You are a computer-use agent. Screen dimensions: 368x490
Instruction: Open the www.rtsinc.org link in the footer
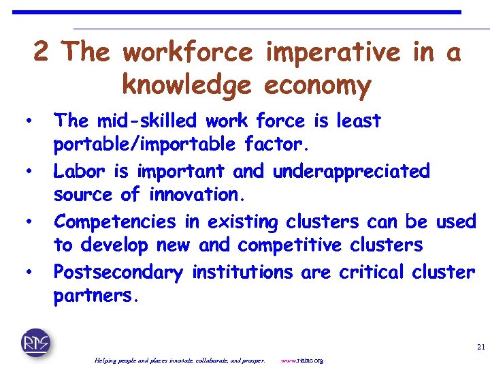tap(301, 360)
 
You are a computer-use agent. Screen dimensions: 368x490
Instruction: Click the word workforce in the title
tap(188, 52)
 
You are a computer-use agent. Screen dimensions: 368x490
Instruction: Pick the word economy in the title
tap(317, 86)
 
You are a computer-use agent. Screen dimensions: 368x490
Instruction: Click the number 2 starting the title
tap(41, 52)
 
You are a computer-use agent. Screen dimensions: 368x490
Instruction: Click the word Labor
tap(77, 170)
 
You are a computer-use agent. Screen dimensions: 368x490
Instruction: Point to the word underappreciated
tap(351, 170)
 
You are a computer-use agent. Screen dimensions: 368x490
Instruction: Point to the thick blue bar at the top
tap(237, 12)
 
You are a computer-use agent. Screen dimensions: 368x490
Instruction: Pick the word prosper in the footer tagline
tap(250, 360)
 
